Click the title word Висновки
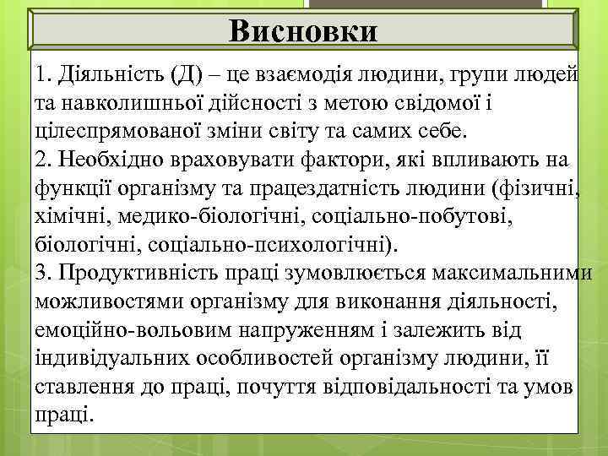304,31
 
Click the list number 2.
43,160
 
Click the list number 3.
43,272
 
